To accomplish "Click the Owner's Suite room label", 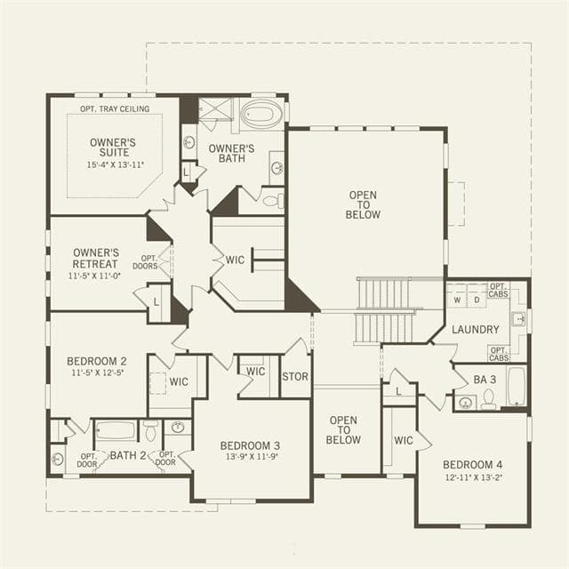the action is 113,148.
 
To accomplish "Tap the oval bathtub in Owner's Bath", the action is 257,114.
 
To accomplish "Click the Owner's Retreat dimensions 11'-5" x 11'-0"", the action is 94,276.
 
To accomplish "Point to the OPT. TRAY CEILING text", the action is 115,108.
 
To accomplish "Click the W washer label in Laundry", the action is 457,301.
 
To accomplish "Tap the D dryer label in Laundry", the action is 477,301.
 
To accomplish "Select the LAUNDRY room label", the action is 476,330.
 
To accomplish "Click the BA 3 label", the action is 485,380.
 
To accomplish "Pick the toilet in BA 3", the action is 488,399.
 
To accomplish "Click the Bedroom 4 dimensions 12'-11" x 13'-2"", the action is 474,477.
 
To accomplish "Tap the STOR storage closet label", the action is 295,377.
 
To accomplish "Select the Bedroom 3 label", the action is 250,445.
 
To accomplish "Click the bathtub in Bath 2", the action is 116,430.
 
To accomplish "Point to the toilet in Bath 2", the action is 150,430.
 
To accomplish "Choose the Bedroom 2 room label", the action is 97,361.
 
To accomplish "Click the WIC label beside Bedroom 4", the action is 404,441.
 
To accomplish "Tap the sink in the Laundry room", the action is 518,319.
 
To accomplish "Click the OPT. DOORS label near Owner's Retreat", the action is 145,262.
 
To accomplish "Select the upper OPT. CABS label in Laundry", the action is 498,291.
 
